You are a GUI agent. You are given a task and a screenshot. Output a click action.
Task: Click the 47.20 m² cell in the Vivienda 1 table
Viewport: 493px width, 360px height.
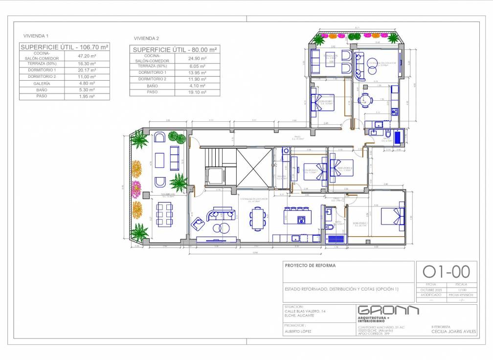tap(87, 56)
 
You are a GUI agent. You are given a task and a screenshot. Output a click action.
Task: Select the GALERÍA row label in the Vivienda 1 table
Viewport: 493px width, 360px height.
tap(42, 83)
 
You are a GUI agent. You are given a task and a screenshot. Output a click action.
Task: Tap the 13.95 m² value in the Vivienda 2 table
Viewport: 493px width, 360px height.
tap(197, 72)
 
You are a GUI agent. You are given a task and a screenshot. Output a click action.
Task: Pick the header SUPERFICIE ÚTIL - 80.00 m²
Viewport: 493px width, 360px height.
tap(175, 50)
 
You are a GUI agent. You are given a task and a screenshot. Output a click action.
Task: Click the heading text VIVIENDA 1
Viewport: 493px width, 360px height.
tap(36, 36)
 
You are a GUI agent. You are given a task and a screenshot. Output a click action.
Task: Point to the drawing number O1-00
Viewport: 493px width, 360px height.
tap(446, 271)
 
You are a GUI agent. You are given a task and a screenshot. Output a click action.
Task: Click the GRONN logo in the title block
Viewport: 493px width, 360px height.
tap(388, 311)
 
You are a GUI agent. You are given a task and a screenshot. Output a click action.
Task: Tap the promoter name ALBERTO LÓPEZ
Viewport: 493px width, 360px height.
tap(297, 331)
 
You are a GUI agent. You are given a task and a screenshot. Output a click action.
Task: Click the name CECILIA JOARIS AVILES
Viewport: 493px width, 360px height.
tap(454, 331)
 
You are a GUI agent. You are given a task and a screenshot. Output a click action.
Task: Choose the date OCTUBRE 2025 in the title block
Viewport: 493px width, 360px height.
tap(430, 290)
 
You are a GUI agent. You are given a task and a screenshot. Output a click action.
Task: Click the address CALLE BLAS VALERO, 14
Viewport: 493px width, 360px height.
tap(305, 311)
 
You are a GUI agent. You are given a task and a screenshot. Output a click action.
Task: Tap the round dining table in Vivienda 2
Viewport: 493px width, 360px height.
tap(365, 100)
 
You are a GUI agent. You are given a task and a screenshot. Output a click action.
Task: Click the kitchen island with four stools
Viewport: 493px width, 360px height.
tap(295, 216)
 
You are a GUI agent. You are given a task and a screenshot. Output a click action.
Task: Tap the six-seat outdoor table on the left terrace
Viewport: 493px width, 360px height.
tap(164, 214)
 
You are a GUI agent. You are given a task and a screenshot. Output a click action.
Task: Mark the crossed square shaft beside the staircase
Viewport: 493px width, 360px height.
tap(254, 168)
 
